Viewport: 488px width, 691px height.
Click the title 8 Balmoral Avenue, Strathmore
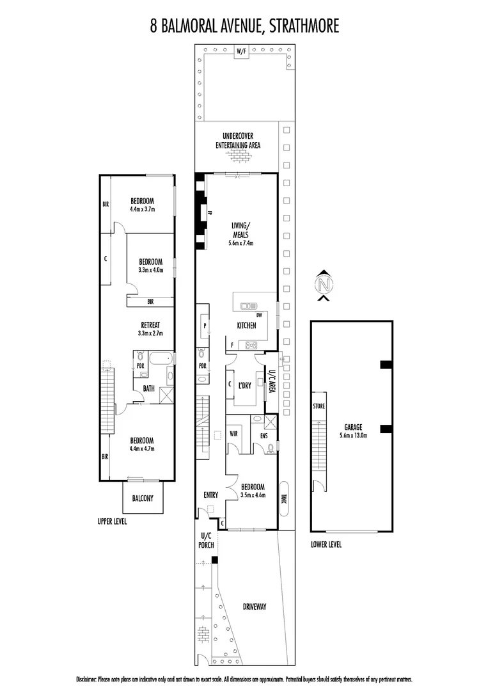pyautogui.click(x=244, y=26)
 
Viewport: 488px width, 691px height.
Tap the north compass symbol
pyautogui.click(x=325, y=284)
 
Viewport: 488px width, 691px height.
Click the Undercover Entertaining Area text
pyautogui.click(x=241, y=140)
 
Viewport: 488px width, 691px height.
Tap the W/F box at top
pyautogui.click(x=241, y=51)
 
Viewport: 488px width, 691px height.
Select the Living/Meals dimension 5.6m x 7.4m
pyautogui.click(x=241, y=243)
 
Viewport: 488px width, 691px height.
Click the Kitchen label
pyautogui.click(x=246, y=326)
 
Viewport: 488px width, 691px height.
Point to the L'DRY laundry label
pyautogui.click(x=244, y=386)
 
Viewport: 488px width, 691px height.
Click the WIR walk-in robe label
pyautogui.click(x=233, y=433)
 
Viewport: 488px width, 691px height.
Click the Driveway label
pyautogui.click(x=254, y=607)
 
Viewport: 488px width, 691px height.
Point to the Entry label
pyautogui.click(x=210, y=495)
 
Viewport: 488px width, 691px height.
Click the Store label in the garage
pyautogui.click(x=319, y=406)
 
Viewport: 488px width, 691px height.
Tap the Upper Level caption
pyautogui.click(x=112, y=521)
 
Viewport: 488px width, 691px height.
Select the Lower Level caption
pyautogui.click(x=326, y=544)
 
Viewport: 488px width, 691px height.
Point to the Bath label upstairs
pyautogui.click(x=148, y=388)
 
